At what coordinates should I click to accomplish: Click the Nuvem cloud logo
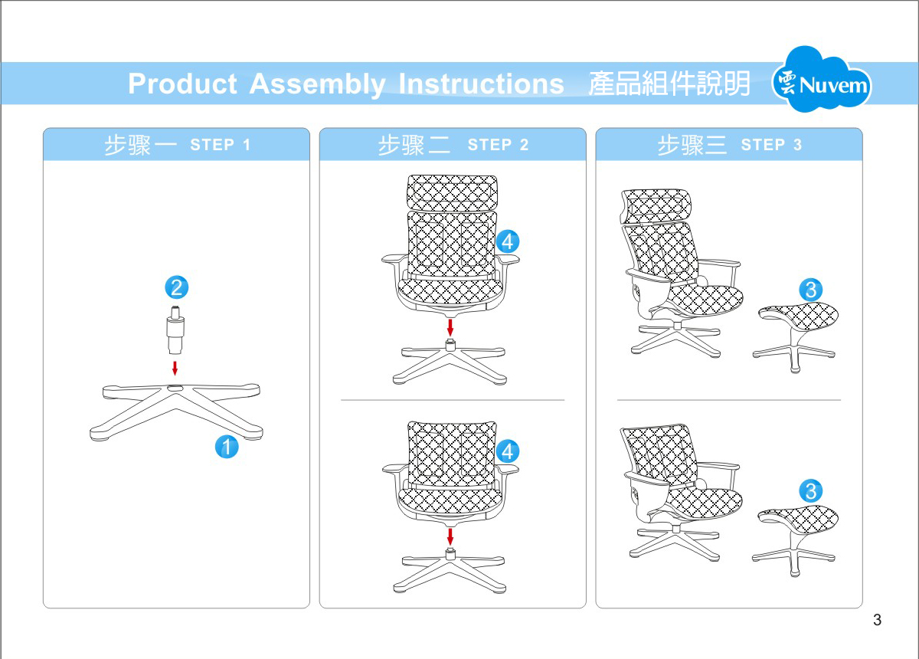coord(822,81)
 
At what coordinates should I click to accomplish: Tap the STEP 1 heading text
coord(221,145)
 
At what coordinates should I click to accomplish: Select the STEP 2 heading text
coord(498,145)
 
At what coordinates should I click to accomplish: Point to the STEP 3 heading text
coord(771,145)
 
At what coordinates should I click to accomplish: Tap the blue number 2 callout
coord(176,288)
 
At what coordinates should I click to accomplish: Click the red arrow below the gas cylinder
coord(175,367)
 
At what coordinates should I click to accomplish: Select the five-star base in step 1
coord(177,411)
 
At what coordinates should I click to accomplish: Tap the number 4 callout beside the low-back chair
coord(507,451)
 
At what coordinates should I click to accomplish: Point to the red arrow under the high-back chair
coord(450,327)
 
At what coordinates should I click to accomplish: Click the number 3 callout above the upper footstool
coord(810,290)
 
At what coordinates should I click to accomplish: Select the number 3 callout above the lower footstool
coord(810,490)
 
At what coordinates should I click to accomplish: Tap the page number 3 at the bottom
coord(877,620)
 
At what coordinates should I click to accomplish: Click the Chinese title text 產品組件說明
coord(669,84)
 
